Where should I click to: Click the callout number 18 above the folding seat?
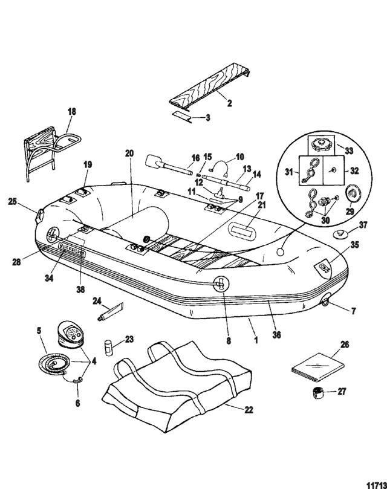tap(72, 111)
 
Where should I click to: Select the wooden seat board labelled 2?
tap(209, 92)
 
